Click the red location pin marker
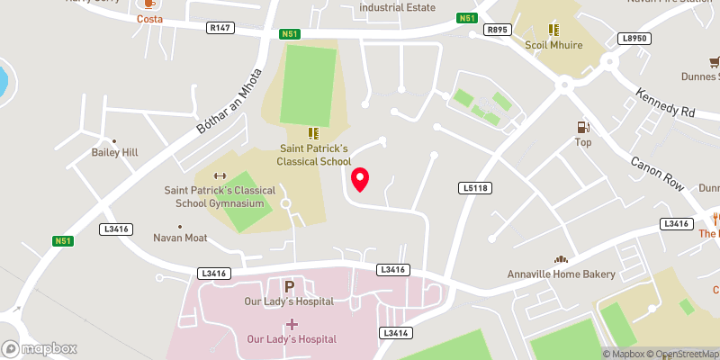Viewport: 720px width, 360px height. tap(360, 180)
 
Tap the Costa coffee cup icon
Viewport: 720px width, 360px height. tap(149, 4)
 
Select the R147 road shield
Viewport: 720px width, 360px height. tap(220, 29)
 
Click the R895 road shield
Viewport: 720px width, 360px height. tap(497, 30)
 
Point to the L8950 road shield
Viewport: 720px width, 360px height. tap(634, 39)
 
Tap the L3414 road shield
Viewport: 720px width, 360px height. tap(396, 333)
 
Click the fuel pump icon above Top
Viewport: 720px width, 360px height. tap(583, 128)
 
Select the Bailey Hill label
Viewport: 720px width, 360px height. tap(114, 153)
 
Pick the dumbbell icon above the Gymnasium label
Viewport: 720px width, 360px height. tap(218, 175)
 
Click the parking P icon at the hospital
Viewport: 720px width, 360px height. tap(290, 286)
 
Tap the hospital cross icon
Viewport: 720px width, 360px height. tap(292, 324)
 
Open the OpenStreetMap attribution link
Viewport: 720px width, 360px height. tap(685, 354)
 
